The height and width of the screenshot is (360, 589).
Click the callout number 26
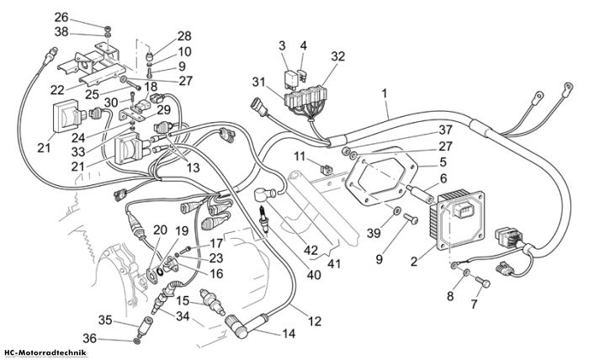click(x=61, y=18)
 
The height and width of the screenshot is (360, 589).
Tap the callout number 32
click(x=337, y=56)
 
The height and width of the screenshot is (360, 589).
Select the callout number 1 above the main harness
click(x=385, y=93)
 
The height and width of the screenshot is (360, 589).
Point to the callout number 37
click(x=445, y=130)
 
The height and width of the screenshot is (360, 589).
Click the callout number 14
click(x=289, y=333)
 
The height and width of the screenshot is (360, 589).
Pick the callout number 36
click(x=90, y=339)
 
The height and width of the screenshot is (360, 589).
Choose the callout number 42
click(x=311, y=251)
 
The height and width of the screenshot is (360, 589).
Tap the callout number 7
click(x=474, y=304)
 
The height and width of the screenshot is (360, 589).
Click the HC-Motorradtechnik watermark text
click(x=45, y=353)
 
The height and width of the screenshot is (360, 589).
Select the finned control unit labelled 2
click(x=457, y=220)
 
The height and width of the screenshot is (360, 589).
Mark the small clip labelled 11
click(x=326, y=169)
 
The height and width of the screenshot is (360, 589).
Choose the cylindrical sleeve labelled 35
click(x=145, y=326)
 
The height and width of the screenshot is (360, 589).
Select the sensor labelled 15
click(x=213, y=302)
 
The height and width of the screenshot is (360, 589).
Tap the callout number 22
click(x=57, y=91)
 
